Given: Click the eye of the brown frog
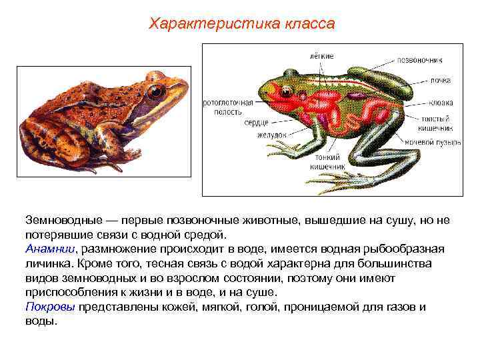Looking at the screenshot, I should click(x=156, y=91).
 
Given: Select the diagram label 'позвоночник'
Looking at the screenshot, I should click(x=427, y=59).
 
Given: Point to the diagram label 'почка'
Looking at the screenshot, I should click(x=440, y=81).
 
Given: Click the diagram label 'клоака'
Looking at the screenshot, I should click(x=441, y=103).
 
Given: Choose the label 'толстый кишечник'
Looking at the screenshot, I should click(x=437, y=123).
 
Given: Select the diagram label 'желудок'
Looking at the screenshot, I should click(x=272, y=134).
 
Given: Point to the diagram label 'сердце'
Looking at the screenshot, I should click(x=256, y=123).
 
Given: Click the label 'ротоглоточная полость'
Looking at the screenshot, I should click(x=229, y=107).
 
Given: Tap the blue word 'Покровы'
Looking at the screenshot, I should click(x=51, y=307).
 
